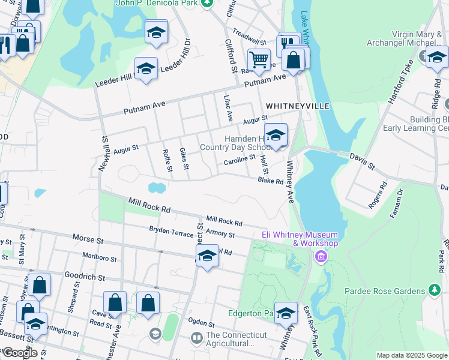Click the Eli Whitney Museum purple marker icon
click(321, 257)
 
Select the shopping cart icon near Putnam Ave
click(259, 60)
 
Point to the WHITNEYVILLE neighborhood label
click(298, 106)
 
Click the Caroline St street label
click(240, 161)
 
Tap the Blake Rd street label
click(270, 180)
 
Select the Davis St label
click(363, 160)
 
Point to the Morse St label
click(88, 239)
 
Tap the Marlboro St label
click(100, 258)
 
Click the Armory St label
click(219, 233)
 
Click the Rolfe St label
click(167, 159)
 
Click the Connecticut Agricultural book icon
click(196, 339)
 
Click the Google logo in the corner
click(19, 353)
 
